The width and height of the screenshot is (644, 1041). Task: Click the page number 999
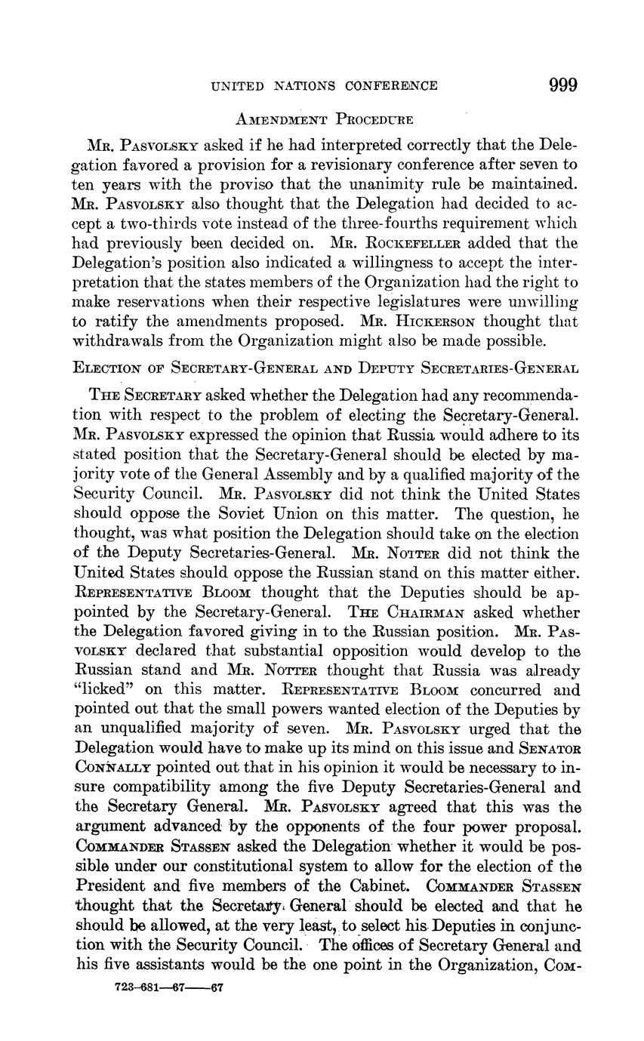pos(563,85)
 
